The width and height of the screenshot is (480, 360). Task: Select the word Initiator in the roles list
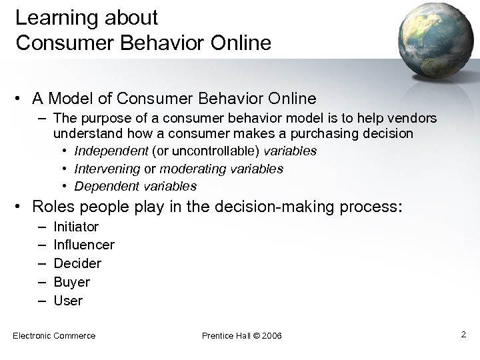coord(76,227)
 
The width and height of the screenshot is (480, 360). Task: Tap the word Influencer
coord(84,245)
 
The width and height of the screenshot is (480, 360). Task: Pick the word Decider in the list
coord(77,263)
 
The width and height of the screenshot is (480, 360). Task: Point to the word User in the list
coord(68,301)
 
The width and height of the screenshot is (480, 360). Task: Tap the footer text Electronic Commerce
coord(54,335)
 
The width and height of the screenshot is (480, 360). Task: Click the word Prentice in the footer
coord(217,335)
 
